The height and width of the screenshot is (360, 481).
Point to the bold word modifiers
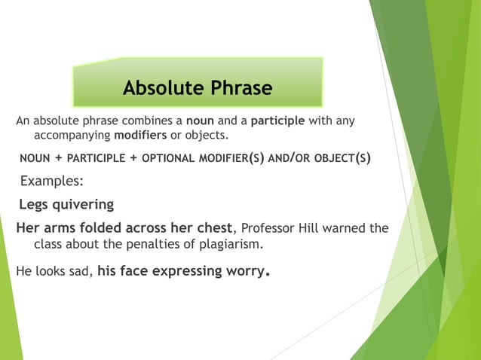[141, 135]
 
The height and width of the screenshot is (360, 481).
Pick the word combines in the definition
[148, 121]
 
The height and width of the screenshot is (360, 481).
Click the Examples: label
[51, 182]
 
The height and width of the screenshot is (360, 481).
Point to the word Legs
[34, 204]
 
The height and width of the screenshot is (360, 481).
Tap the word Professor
[270, 228]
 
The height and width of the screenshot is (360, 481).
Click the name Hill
[316, 228]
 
